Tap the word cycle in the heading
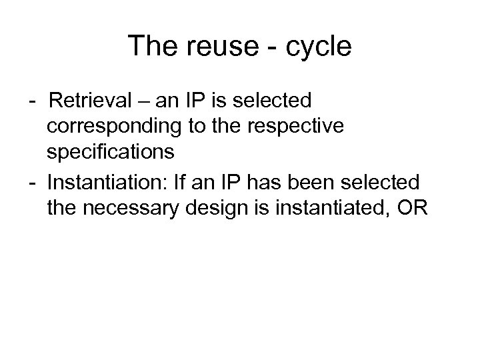319,46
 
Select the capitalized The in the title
149,46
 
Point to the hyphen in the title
269,47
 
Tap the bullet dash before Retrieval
33,102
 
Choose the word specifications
111,152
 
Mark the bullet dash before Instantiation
33,183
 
